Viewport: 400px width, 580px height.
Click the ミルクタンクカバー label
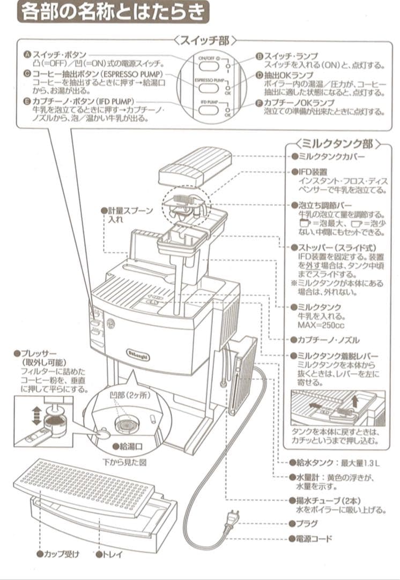click(x=330, y=157)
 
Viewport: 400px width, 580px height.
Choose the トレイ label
click(x=109, y=554)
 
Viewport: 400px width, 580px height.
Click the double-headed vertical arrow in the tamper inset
click(x=36, y=416)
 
